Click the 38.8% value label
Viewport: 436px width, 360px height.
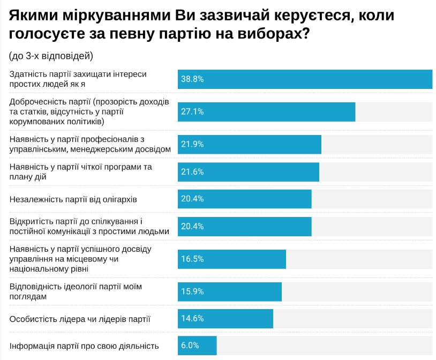coord(192,79)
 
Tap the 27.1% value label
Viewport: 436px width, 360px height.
coord(192,111)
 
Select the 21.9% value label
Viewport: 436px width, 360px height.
coord(192,144)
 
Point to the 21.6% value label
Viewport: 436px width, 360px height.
coord(192,172)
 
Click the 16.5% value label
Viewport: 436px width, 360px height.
coord(192,259)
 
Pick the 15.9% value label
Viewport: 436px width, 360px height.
coord(192,291)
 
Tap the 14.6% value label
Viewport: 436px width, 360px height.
coord(192,318)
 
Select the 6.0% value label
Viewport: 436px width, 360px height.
coord(190,346)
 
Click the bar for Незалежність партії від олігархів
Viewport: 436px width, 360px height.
coord(244,199)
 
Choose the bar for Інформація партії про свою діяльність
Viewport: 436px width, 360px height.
coord(197,346)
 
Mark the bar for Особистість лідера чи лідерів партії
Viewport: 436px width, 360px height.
coord(225,318)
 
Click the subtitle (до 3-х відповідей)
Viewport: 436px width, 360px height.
coord(51,56)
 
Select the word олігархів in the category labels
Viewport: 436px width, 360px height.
coord(118,199)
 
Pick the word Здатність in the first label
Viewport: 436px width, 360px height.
coord(28,74)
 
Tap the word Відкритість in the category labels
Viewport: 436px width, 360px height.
coord(32,221)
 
